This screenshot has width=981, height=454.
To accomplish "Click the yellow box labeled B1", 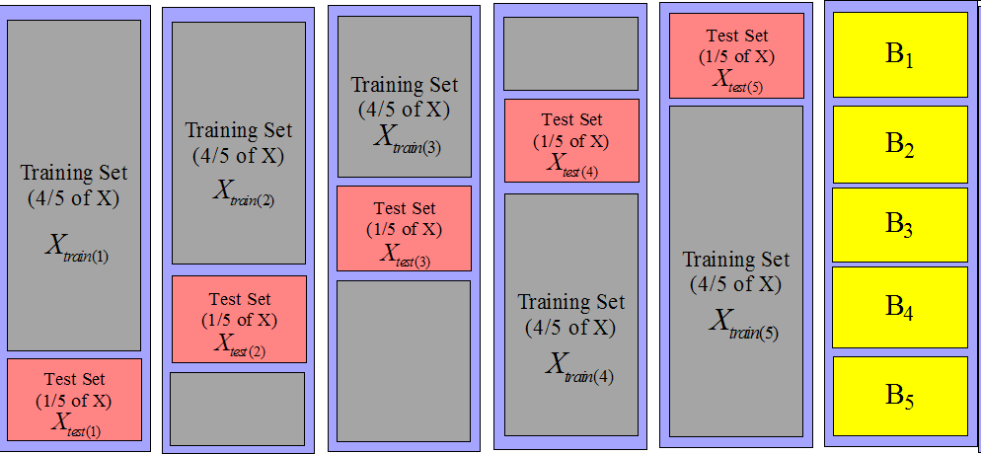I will pos(899,54).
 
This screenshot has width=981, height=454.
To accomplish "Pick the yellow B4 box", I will pos(899,307).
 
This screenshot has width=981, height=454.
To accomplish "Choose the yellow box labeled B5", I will pos(899,395).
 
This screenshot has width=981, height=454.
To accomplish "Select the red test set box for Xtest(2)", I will pos(239,320).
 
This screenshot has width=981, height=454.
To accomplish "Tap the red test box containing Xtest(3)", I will pos(404,228).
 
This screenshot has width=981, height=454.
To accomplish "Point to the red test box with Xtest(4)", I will pos(571,140).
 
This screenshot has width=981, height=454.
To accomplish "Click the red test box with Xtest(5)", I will pos(736,55).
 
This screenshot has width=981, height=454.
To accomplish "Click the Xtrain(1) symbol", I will pos(76,248).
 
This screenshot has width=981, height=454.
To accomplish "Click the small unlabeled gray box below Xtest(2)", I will pos(237,408).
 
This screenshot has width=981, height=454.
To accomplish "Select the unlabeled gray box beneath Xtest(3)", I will pos(404,360).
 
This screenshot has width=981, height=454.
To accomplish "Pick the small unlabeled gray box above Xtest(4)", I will pos(570,53).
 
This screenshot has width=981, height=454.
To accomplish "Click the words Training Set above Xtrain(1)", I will pos(74,173).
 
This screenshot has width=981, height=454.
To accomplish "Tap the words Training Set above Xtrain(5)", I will pos(736,260).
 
